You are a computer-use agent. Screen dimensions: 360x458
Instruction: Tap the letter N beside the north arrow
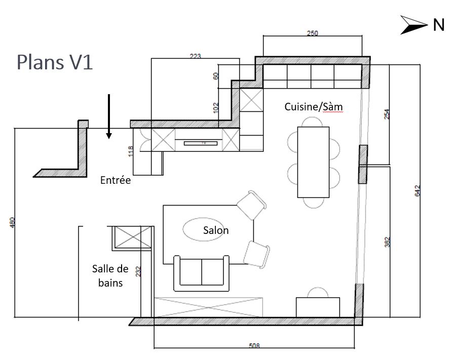(438, 25)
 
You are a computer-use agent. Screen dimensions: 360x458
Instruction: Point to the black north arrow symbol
(414, 25)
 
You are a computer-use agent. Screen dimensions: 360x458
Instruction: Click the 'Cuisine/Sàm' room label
(313, 107)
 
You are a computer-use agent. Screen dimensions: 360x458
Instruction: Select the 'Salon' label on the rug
(216, 230)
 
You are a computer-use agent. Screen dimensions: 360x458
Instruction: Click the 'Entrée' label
(115, 180)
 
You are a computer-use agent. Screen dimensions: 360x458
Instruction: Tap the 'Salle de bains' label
(110, 275)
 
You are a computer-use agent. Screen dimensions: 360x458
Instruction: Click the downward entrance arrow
(108, 116)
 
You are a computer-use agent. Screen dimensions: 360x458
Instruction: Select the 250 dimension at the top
(313, 34)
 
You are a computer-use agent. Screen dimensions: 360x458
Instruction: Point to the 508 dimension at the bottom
(254, 346)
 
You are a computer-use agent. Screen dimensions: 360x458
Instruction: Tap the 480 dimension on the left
(13, 222)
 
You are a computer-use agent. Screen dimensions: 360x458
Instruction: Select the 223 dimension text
(195, 57)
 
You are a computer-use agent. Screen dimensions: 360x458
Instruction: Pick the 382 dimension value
(387, 243)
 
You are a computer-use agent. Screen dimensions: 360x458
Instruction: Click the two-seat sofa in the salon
(202, 273)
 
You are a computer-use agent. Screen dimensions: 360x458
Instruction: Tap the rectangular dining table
(313, 162)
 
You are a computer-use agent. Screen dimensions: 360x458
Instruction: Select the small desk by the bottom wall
(318, 306)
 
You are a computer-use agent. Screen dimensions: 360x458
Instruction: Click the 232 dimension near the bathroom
(138, 272)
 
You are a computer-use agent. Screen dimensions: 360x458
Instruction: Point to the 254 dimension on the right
(387, 114)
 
